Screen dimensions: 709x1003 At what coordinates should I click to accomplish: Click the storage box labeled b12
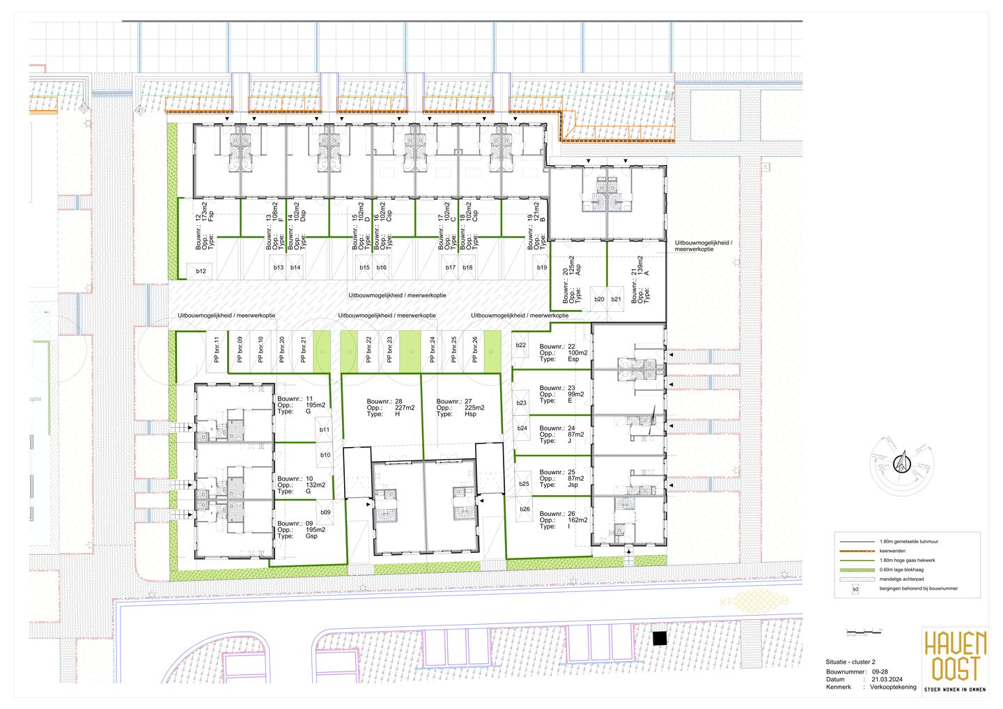point(201,271)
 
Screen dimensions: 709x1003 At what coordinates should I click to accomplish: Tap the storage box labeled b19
point(542,267)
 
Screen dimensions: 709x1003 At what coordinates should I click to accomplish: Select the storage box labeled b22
point(520,345)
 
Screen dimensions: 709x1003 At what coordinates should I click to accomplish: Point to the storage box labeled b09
point(325,512)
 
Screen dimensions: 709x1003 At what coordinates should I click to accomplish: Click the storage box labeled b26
point(524,509)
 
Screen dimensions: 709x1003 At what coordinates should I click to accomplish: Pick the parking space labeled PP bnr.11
point(217,350)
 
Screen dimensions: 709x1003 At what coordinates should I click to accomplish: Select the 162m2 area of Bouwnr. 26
point(577,520)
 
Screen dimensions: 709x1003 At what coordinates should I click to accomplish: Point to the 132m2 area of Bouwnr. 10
point(315,485)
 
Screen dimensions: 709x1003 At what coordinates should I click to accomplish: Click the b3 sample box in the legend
point(856,589)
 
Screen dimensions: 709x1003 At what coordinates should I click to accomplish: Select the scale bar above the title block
point(863,632)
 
